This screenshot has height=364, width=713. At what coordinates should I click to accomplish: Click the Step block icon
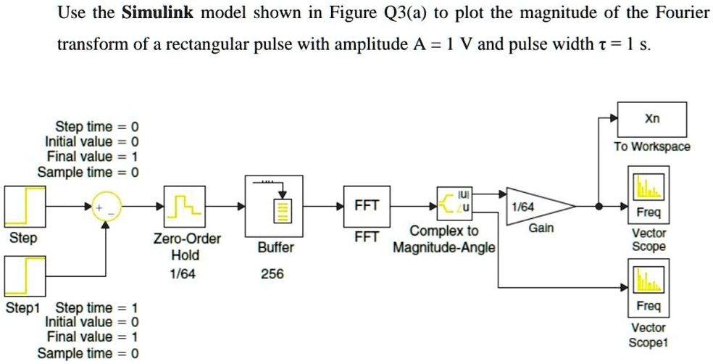[x=25, y=206]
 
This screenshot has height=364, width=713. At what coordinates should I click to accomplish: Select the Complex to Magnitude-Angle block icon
[x=455, y=206]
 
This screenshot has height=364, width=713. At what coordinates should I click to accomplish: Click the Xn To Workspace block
[x=648, y=120]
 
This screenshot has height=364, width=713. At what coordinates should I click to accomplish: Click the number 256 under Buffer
[x=275, y=275]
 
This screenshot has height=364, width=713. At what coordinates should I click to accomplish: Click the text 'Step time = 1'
[x=91, y=307]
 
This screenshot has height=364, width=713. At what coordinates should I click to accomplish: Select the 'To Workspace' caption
[x=652, y=147]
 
